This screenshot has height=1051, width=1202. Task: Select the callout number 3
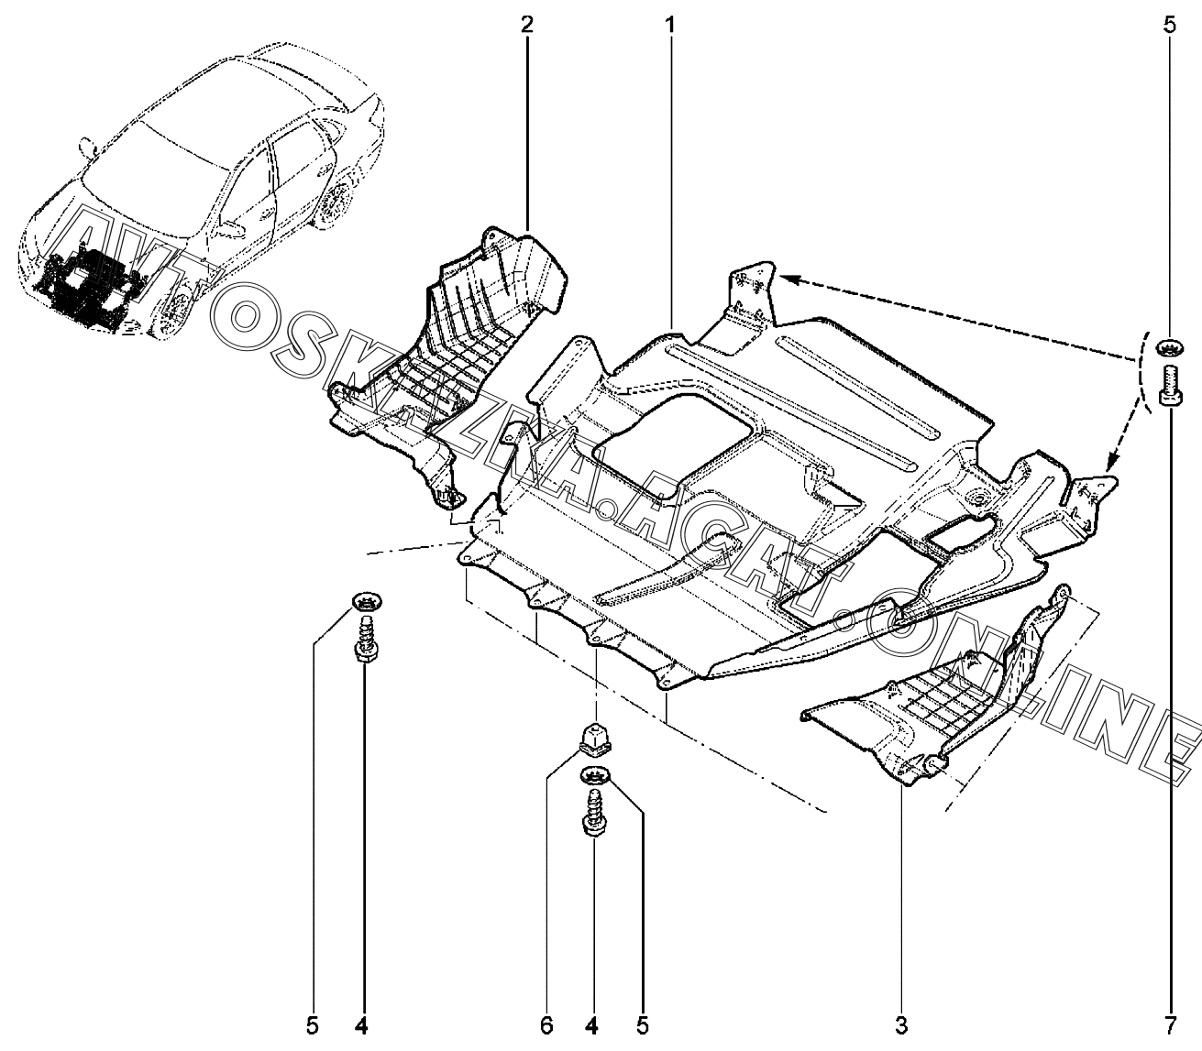point(901,1024)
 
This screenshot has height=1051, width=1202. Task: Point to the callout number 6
point(546,1024)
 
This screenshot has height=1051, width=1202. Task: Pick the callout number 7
point(1169,1024)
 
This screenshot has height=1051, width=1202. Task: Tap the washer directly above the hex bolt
point(1168,346)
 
